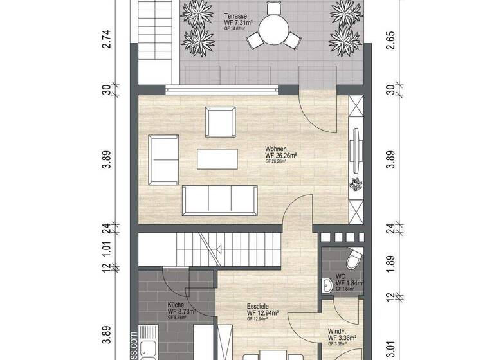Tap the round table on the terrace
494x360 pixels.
(273, 28)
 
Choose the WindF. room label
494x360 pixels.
(337, 329)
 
